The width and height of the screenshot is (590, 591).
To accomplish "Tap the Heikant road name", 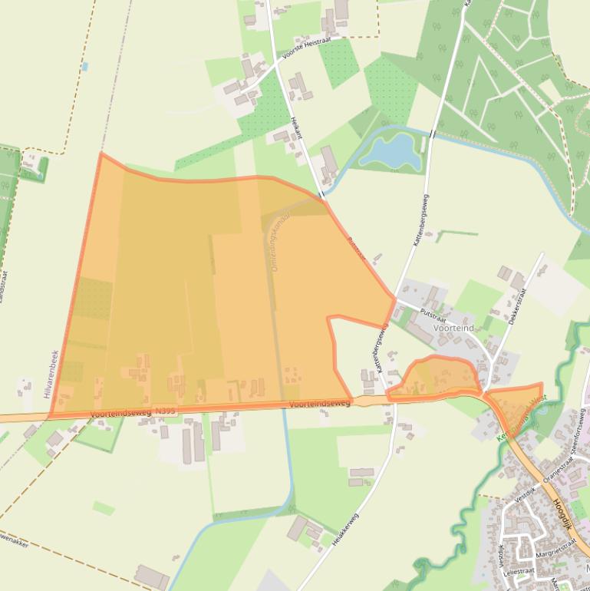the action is (297, 127).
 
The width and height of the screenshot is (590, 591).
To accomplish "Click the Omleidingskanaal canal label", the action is (273, 243).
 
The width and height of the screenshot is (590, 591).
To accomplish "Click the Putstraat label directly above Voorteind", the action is (433, 314).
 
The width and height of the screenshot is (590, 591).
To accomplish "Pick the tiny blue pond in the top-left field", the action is (84, 67).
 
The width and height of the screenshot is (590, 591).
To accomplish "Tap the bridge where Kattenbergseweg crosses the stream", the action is (433, 134).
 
